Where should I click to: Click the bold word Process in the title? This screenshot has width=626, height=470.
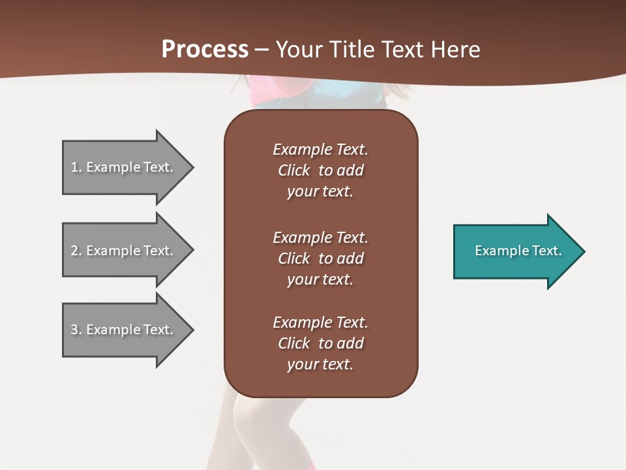(205, 50)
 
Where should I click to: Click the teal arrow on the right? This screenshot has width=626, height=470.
(515, 251)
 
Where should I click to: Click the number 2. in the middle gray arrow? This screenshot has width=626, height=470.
(76, 251)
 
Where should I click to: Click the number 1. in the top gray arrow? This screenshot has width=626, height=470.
(76, 167)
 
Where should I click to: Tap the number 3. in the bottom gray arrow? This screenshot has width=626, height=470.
(76, 330)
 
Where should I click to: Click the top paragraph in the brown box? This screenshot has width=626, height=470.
(320, 170)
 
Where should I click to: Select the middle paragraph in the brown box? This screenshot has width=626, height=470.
(320, 258)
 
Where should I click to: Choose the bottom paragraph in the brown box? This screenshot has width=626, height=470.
(320, 343)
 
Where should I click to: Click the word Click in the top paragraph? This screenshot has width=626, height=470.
(294, 170)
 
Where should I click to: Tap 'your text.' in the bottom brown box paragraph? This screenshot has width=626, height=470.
(320, 364)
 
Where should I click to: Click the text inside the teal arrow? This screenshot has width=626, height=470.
(518, 251)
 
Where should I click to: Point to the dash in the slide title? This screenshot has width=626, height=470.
(262, 50)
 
